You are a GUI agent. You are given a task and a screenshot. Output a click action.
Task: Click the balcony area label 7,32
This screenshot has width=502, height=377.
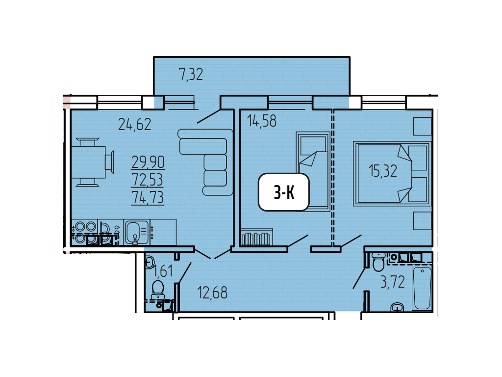pyautogui.click(x=191, y=75)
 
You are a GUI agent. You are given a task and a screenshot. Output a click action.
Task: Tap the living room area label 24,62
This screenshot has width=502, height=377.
pyautogui.click(x=134, y=124)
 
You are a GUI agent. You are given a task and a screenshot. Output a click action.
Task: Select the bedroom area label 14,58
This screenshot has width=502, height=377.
pyautogui.click(x=262, y=121)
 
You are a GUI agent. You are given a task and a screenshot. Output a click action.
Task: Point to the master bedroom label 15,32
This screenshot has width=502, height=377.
pyautogui.click(x=383, y=171)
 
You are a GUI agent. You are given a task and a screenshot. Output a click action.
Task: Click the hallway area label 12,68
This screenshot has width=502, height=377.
pyautogui.click(x=212, y=293)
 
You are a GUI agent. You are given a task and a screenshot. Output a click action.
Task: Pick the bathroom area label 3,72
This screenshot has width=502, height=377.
pyautogui.click(x=393, y=282)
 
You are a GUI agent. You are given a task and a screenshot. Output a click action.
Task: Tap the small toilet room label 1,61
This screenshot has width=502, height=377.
pyautogui.click(x=163, y=271)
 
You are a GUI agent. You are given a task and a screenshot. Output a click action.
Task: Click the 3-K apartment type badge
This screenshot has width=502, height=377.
pyautogui.click(x=284, y=192)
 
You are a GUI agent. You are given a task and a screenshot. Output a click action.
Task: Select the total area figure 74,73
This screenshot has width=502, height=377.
pyautogui.click(x=148, y=197)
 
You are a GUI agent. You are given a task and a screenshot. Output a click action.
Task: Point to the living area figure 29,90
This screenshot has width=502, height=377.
pyautogui.click(x=148, y=162)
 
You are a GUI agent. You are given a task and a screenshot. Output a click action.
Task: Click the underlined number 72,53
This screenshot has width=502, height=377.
pyautogui.click(x=147, y=180)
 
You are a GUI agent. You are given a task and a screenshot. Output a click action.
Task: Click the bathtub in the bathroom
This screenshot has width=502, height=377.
pyautogui.click(x=422, y=288)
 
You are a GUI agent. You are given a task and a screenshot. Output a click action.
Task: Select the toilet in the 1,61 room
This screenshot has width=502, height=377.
pyautogui.click(x=158, y=290)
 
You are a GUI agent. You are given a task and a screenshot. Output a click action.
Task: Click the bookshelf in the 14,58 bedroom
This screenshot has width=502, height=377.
pyautogui.click(x=256, y=237)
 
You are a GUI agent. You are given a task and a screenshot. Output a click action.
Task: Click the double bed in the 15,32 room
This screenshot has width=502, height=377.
pyautogui.click(x=392, y=173)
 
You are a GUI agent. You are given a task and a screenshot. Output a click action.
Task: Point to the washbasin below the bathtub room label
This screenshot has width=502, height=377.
pyautogui.click(x=397, y=307)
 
